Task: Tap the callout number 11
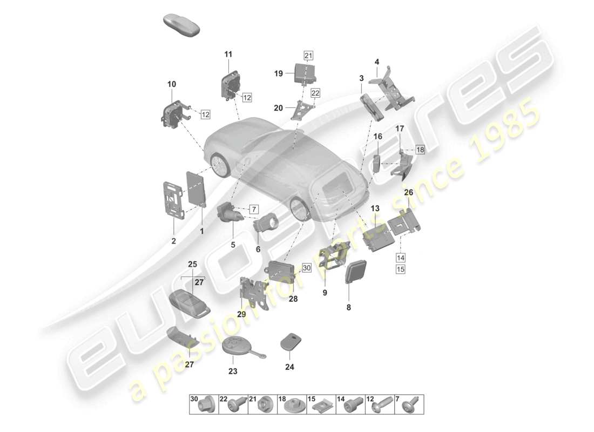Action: click(228, 54)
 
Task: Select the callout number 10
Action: click(171, 84)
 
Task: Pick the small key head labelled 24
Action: click(291, 342)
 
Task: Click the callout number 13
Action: click(375, 208)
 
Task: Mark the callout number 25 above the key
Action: click(192, 264)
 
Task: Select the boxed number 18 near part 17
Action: click(420, 150)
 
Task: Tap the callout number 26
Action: click(408, 192)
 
